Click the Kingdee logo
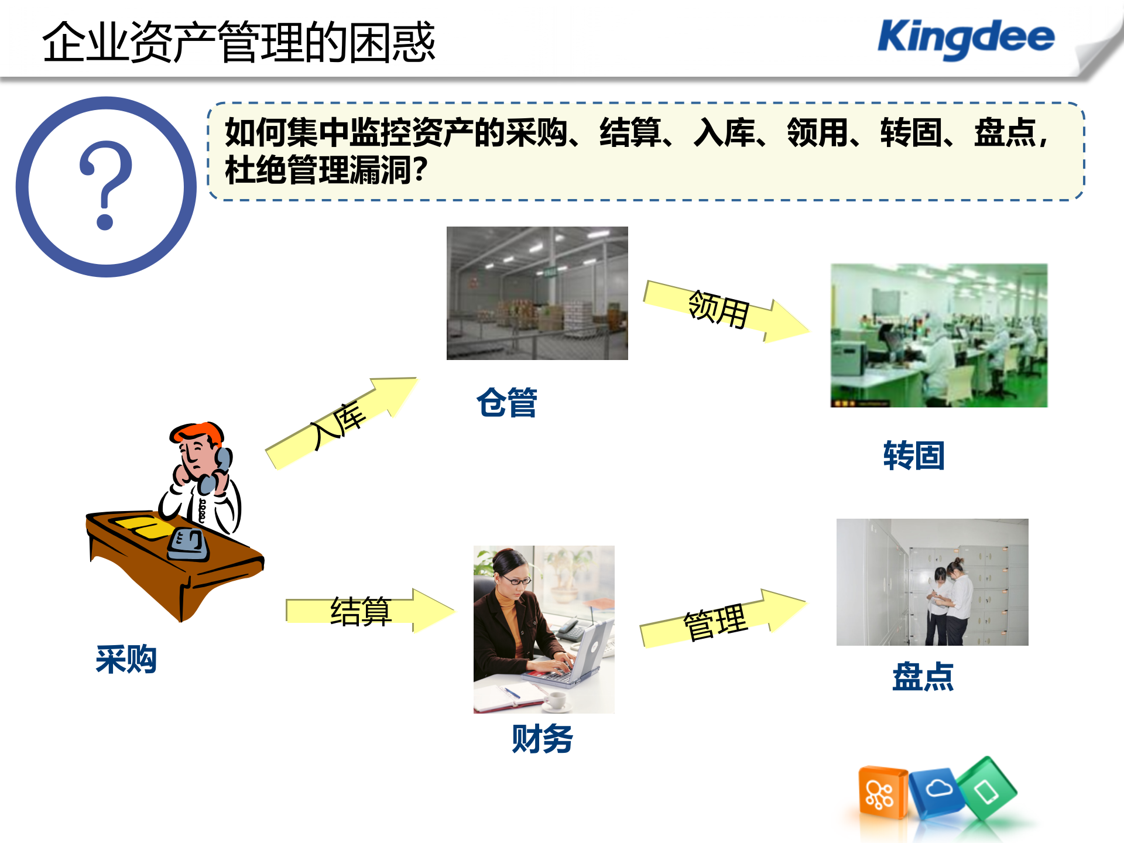click(966, 38)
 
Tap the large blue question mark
click(106, 186)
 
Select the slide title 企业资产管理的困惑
click(239, 42)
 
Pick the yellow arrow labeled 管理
click(720, 621)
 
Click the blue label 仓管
click(507, 403)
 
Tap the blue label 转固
click(914, 455)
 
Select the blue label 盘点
click(923, 677)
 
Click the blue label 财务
click(542, 739)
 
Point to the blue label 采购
click(126, 660)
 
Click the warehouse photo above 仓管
click(537, 293)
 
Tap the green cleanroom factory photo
click(939, 335)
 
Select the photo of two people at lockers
click(932, 582)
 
